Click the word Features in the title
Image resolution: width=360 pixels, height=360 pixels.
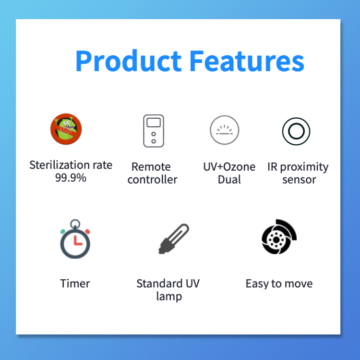coord(247,61)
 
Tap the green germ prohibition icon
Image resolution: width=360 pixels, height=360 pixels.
coord(66,129)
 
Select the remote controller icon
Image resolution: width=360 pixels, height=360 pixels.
coord(154,131)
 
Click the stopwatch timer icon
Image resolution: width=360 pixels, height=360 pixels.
coord(75,239)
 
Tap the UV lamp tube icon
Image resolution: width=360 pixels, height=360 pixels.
coord(174,239)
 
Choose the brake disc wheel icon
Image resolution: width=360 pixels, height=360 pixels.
coord(279,237)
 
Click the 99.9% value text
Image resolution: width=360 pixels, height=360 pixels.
coord(71,178)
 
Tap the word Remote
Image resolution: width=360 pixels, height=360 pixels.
coord(151,167)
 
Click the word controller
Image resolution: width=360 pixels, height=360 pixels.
coord(153,179)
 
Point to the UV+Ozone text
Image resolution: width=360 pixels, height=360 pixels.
coord(229,167)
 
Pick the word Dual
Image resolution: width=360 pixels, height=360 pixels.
coord(229,179)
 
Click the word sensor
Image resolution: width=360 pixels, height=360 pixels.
coord(299,180)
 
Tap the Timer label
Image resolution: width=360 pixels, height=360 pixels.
coord(75,284)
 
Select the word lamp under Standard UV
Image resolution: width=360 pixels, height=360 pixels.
coord(169,297)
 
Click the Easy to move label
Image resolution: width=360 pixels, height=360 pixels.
coord(279,284)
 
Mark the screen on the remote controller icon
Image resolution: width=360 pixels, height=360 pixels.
coord(154,123)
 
